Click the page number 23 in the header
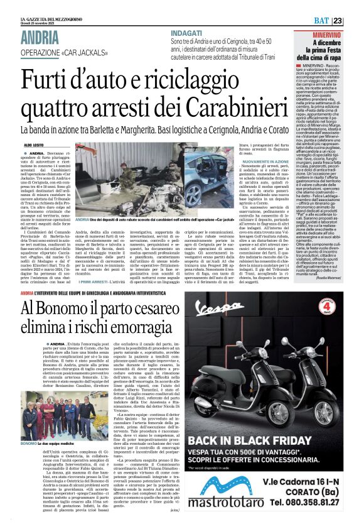355,21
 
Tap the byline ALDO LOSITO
34,145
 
